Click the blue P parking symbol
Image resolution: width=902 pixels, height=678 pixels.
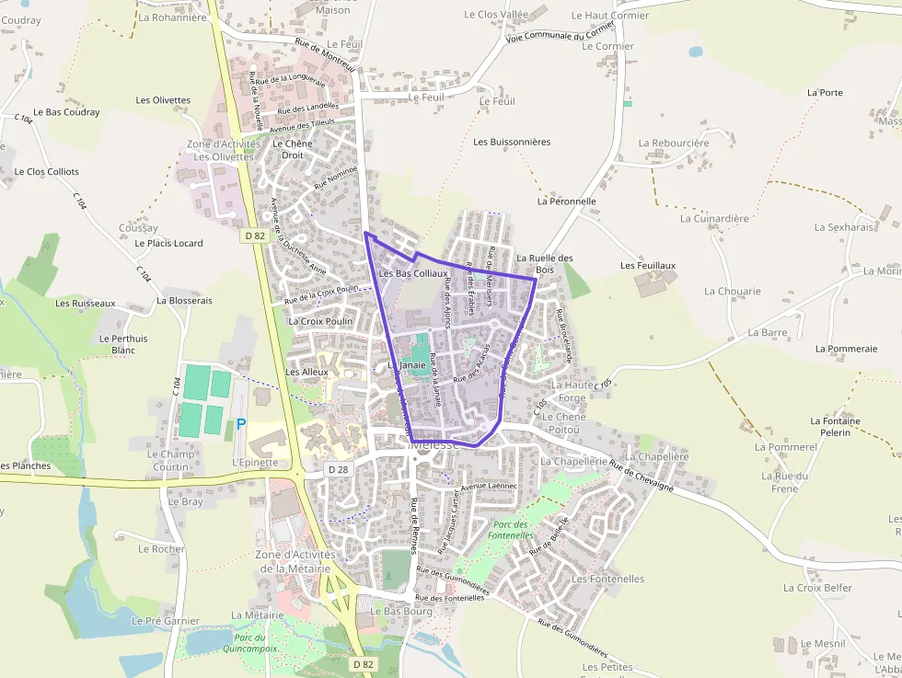(241, 424)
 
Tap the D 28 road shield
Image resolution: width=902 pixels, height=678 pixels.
(338, 469)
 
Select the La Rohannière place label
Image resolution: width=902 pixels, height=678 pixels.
(173, 17)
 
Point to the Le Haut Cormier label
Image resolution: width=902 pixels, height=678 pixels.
(610, 16)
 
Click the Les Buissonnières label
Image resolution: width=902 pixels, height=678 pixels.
(512, 142)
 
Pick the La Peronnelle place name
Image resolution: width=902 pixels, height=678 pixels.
(567, 201)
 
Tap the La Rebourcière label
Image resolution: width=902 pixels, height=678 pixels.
(674, 143)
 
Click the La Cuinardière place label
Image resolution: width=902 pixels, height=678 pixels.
(714, 218)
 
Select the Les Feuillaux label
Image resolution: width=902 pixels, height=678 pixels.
(648, 266)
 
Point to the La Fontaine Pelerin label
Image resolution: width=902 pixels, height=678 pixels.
(835, 426)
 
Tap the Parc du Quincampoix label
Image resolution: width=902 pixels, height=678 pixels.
(249, 642)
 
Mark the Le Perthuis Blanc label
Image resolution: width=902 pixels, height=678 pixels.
(123, 344)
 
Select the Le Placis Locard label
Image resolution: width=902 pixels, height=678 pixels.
(168, 244)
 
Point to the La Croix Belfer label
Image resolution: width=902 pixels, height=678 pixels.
(817, 588)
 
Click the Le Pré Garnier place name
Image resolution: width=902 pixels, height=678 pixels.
(166, 621)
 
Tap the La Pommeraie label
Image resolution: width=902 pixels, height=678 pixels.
(846, 349)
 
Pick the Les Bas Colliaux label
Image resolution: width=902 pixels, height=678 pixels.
(413, 273)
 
